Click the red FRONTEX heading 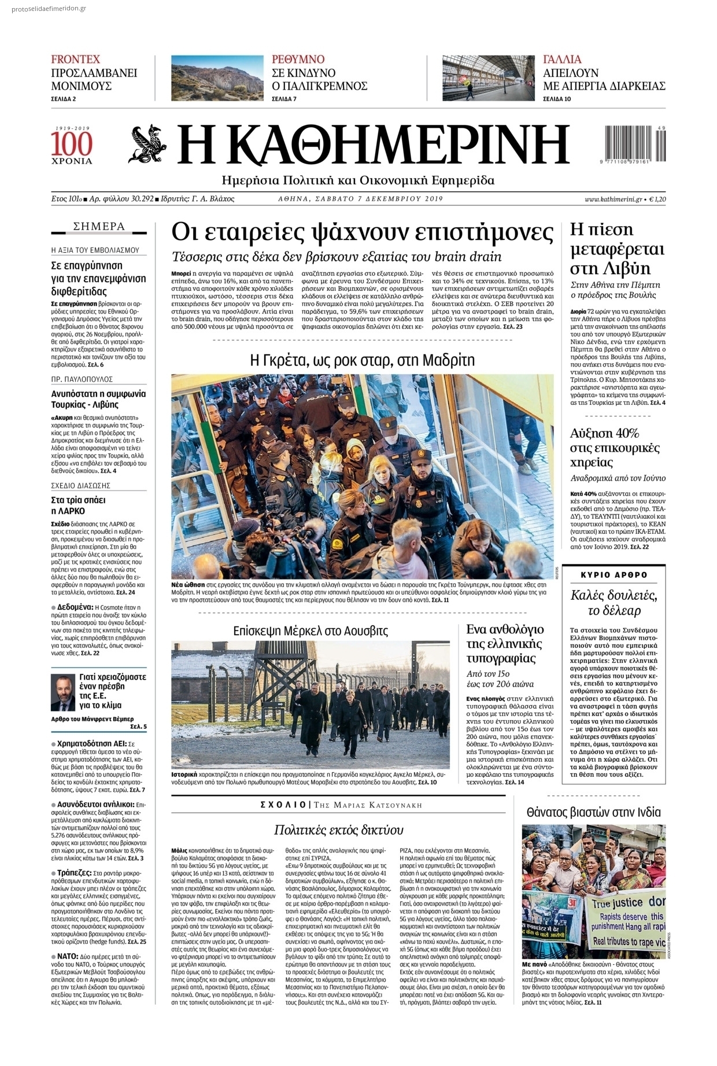coord(76,59)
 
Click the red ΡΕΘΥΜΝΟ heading coord(298,59)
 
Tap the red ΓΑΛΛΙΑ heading coord(562,59)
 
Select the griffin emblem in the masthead coord(147,145)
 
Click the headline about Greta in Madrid coord(362,360)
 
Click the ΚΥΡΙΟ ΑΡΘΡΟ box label coord(614,575)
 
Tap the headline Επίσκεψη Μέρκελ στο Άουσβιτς coord(310,630)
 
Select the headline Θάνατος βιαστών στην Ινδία coord(593,812)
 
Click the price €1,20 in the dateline coord(657,199)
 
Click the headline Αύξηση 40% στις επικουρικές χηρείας coord(615,448)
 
